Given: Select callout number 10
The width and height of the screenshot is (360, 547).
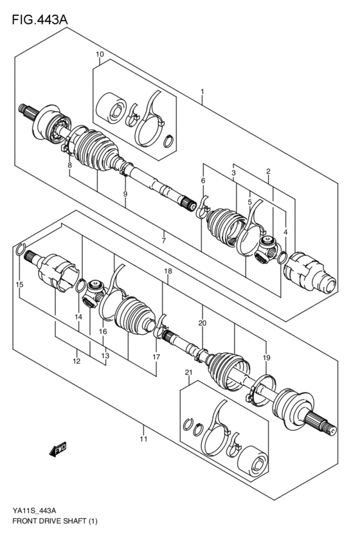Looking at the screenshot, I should [x=100, y=55].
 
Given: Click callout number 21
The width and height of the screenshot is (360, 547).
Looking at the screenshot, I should [x=188, y=373].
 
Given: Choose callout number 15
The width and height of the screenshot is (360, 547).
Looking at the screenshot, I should [x=19, y=284].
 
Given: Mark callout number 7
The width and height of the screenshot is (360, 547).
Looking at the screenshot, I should [x=164, y=240].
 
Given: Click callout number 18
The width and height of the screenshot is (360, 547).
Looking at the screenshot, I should [x=168, y=272].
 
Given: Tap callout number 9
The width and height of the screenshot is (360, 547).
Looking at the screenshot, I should [x=125, y=193].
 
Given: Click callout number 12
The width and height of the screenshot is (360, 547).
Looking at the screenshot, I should [x=76, y=361].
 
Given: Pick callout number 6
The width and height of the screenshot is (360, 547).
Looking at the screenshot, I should [x=203, y=181].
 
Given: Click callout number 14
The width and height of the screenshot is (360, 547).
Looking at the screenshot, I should [x=78, y=317].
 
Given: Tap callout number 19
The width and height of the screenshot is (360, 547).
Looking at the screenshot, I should [x=266, y=357].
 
